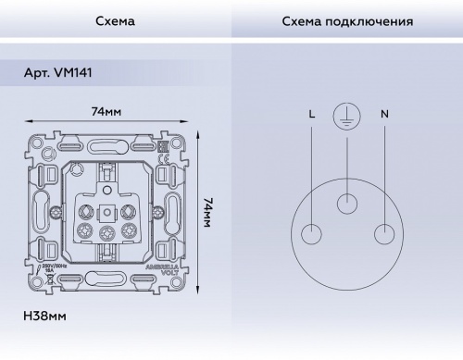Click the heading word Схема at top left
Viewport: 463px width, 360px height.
pyautogui.click(x=115, y=20)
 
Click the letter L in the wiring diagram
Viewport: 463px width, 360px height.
pyautogui.click(x=311, y=114)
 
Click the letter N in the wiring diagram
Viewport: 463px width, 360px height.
pyautogui.click(x=383, y=114)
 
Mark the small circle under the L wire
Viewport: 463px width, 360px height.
pyautogui.click(x=311, y=231)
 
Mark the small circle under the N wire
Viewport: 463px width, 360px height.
pyautogui.click(x=382, y=231)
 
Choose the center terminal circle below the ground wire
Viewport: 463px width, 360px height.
pyautogui.click(x=346, y=203)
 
